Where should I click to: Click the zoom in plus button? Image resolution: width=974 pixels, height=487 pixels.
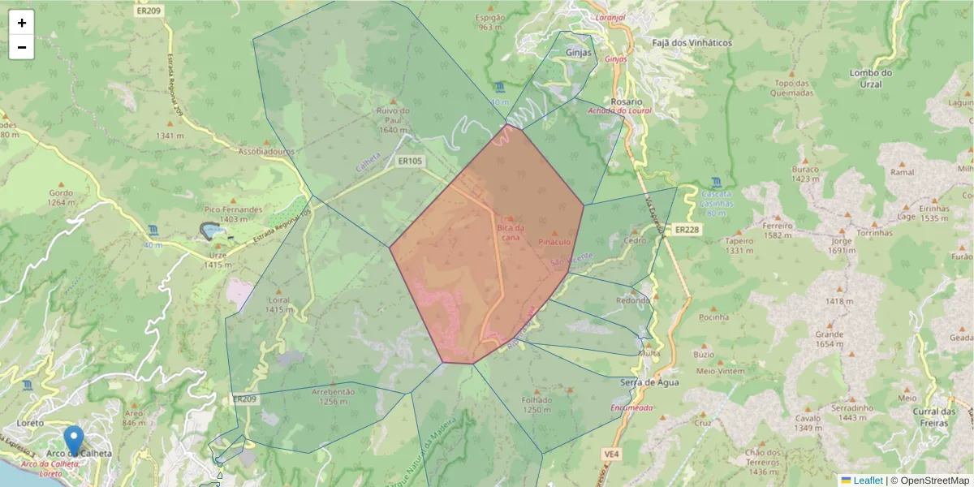point(22,23)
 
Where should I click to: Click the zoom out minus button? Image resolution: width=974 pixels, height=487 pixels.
point(22,47)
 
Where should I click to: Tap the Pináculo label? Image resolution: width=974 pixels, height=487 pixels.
point(555,242)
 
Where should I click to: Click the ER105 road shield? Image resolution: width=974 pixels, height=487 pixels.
point(410,162)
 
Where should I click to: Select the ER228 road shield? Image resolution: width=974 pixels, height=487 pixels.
point(686,231)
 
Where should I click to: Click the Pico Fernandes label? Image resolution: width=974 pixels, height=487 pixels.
point(233,209)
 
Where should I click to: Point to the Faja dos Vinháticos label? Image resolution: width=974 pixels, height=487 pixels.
point(692,42)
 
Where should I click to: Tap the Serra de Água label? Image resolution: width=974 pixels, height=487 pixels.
point(649,381)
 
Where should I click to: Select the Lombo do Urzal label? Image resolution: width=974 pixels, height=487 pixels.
point(870,78)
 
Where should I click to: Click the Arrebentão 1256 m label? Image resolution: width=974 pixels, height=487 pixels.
point(334,395)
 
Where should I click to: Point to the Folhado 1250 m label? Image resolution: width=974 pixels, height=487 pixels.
point(537,404)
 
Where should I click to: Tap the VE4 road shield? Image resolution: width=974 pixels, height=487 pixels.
point(611,453)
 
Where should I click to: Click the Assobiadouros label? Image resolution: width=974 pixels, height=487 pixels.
point(266,151)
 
